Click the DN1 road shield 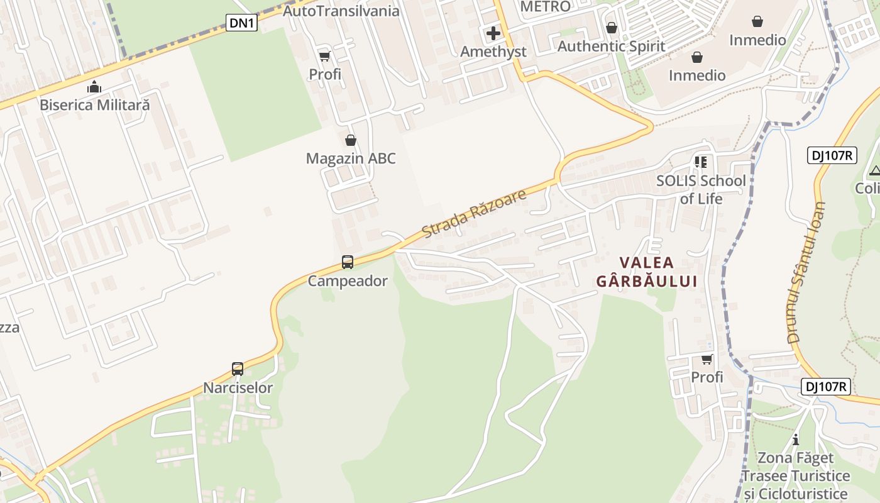click(x=242, y=23)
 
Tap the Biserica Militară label click(x=95, y=105)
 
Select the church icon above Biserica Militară click(x=94, y=87)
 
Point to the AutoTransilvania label click(x=341, y=11)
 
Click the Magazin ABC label click(x=351, y=158)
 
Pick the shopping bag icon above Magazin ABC click(x=351, y=140)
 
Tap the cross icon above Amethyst click(x=493, y=33)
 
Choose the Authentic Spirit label click(x=611, y=46)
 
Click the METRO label click(x=546, y=6)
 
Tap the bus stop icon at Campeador click(x=348, y=262)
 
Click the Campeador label click(x=348, y=280)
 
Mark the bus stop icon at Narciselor click(x=238, y=369)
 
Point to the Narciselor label click(x=238, y=387)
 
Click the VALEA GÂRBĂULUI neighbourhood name click(x=647, y=272)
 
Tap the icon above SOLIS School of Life click(x=701, y=162)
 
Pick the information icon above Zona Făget click(x=796, y=439)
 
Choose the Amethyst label click(x=493, y=52)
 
